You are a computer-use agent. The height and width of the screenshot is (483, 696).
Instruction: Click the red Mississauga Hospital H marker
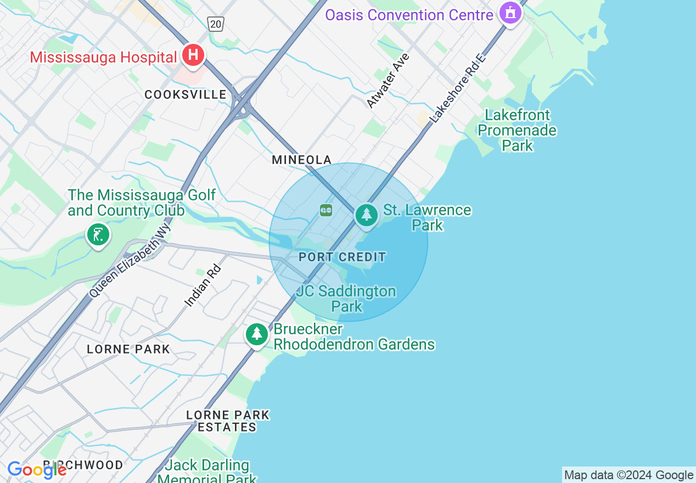click(193, 55)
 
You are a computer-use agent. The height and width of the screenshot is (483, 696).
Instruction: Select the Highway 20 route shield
click(216, 24)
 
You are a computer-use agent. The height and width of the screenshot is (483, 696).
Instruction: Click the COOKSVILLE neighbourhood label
click(186, 94)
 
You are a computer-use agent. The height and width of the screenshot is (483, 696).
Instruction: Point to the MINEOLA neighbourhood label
click(302, 160)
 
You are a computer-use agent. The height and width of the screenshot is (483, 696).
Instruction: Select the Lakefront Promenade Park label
click(517, 130)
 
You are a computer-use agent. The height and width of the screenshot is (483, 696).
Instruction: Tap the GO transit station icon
click(326, 210)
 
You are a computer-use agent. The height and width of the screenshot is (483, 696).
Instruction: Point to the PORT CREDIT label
click(343, 257)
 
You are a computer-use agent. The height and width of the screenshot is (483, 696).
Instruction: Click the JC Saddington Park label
click(346, 299)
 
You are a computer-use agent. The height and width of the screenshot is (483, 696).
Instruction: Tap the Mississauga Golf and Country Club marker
click(98, 235)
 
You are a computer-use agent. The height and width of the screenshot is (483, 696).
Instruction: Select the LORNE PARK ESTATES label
click(228, 421)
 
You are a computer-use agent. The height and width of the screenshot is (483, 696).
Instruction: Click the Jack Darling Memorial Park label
click(207, 471)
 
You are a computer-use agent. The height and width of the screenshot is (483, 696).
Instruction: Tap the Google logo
click(37, 470)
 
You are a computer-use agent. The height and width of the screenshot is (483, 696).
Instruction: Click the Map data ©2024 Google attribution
click(628, 475)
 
